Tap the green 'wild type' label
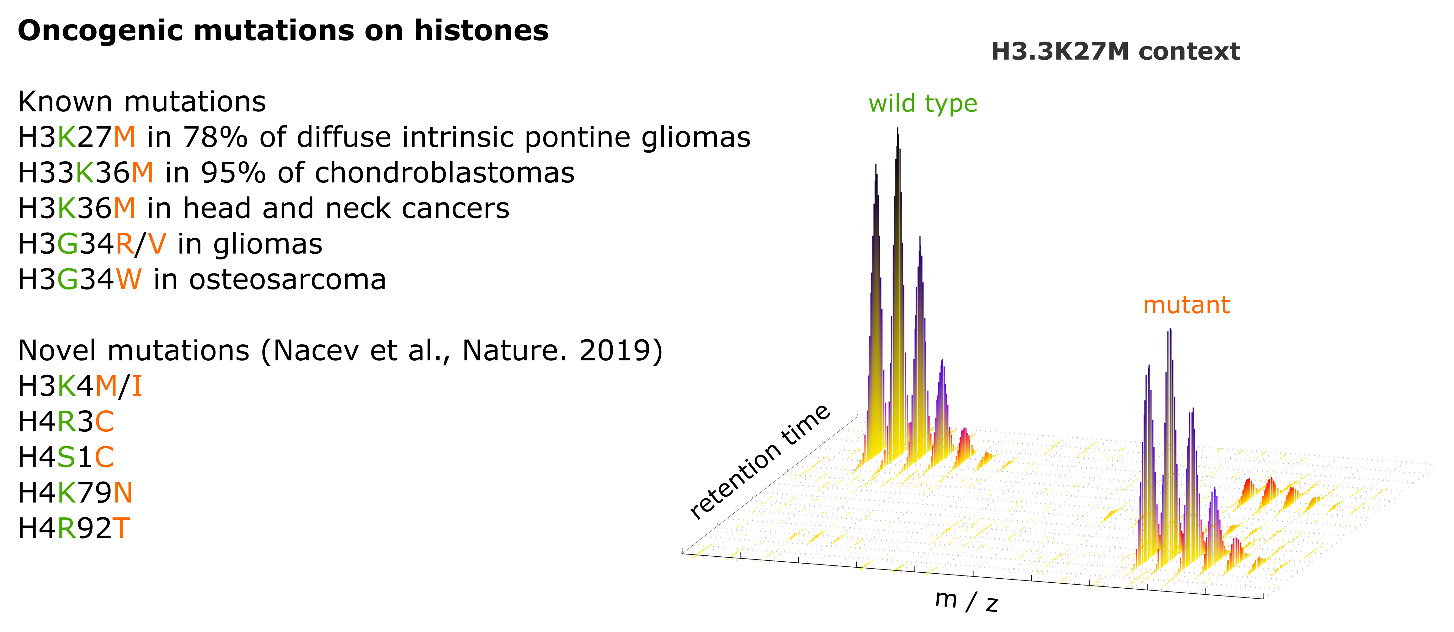922,104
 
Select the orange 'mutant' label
1186,305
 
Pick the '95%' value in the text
233,173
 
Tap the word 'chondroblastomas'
444,173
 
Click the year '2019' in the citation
614,351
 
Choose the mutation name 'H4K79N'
75,493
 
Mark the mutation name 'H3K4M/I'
80,386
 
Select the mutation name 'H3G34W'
80,279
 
